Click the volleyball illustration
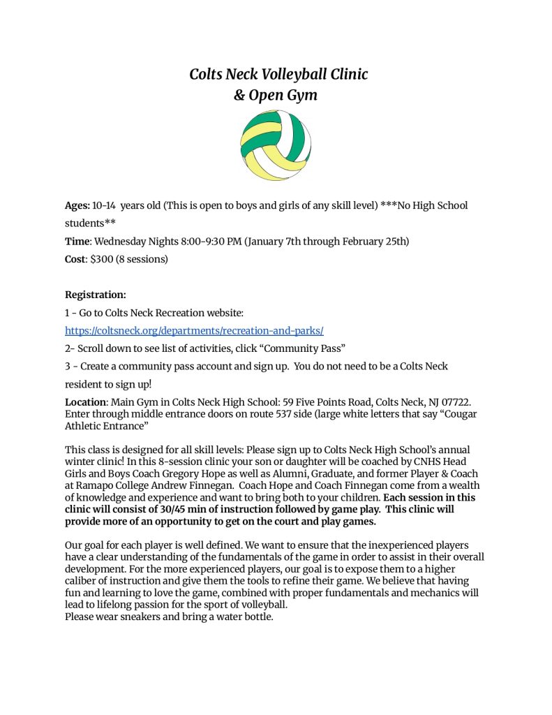click(276, 146)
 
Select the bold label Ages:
click(77, 205)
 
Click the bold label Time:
click(78, 242)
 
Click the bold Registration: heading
click(96, 295)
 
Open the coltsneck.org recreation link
click(194, 331)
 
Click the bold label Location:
click(86, 403)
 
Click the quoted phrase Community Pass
click(303, 348)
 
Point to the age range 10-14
click(104, 205)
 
